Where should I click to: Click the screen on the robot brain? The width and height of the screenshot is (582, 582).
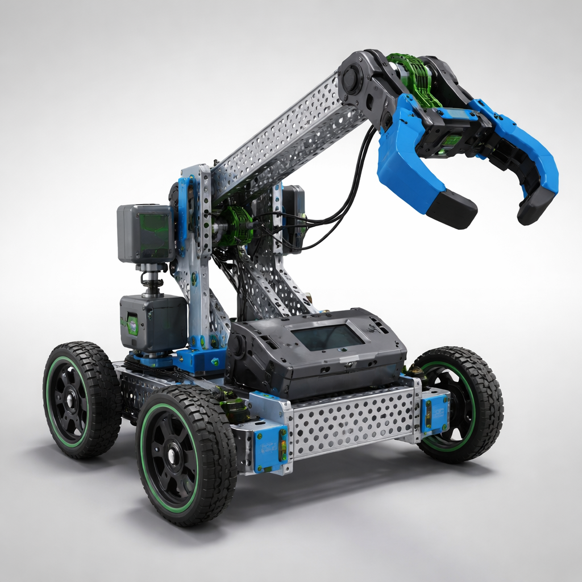[328, 337]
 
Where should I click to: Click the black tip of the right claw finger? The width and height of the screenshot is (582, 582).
[534, 208]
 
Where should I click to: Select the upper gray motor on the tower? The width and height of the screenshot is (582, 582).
[145, 233]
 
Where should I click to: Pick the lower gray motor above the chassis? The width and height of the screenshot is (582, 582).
[152, 323]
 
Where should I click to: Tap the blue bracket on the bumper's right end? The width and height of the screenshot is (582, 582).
[435, 409]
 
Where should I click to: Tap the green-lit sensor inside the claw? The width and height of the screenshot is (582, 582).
[452, 139]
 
